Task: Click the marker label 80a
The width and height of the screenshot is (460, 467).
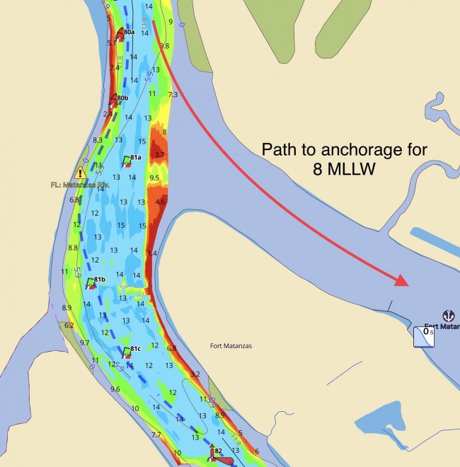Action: tap(128, 32)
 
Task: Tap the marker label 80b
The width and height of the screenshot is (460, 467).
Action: tap(122, 98)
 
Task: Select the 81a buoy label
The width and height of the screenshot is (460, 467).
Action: tap(134, 157)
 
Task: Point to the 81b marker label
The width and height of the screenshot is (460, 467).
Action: tap(99, 279)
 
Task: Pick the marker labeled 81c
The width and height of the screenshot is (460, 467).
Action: tap(136, 349)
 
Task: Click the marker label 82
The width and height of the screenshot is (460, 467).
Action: tap(219, 451)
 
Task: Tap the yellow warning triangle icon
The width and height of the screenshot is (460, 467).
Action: tap(81, 173)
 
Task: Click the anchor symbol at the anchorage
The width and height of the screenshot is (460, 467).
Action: tap(447, 315)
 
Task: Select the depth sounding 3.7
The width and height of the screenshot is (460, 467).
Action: tap(159, 154)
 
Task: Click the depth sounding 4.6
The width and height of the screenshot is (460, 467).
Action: tap(160, 202)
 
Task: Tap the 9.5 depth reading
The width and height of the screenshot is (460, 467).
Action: tap(155, 178)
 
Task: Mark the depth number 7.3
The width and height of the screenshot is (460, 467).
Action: tap(172, 94)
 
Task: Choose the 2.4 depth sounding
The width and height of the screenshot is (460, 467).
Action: tap(108, 113)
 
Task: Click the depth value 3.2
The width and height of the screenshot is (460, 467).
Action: tap(196, 374)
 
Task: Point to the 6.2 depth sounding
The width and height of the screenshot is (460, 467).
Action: tap(69, 325)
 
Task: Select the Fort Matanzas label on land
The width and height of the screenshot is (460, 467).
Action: tap(231, 346)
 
